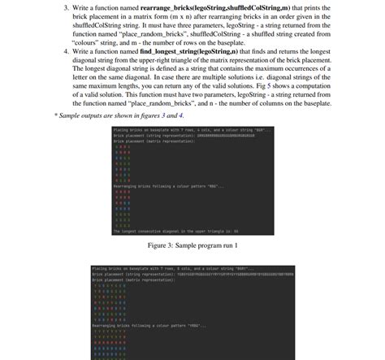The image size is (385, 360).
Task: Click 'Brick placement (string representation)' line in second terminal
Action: (138, 274)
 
